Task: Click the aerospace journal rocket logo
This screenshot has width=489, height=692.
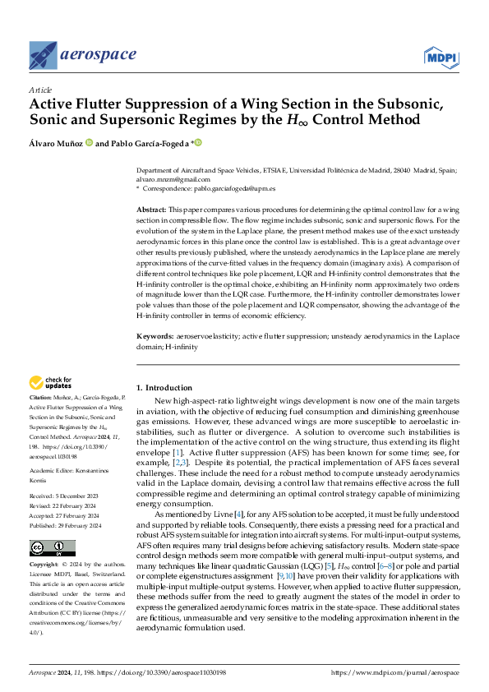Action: point(44,55)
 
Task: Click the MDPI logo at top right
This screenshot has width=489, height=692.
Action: point(441,56)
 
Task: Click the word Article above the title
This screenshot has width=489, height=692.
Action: point(40,90)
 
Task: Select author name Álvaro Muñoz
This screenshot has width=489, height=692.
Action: point(56,142)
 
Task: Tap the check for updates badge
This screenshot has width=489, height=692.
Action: point(52,382)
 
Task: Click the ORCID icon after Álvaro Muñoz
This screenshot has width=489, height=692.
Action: point(89,142)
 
